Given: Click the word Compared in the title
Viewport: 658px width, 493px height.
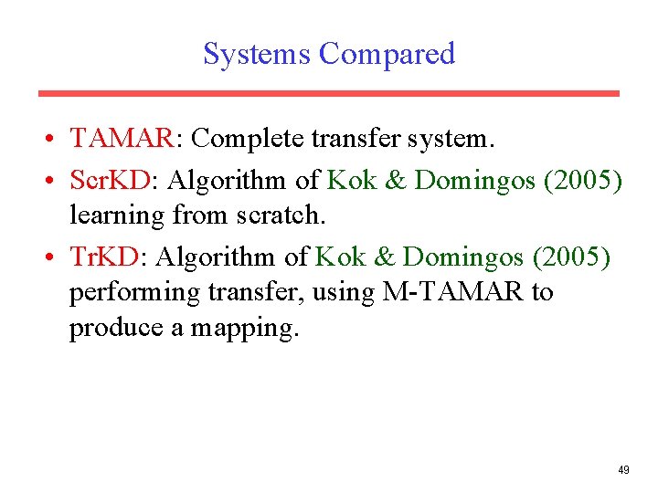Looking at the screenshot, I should [387, 54].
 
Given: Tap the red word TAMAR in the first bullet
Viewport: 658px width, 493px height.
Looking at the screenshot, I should [122, 139].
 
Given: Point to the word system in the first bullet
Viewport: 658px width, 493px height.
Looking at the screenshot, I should [446, 139].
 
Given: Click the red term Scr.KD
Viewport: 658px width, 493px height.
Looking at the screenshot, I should [111, 181].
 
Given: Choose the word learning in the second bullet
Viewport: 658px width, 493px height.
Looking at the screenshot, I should [114, 215].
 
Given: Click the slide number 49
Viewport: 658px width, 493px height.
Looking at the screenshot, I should [623, 470].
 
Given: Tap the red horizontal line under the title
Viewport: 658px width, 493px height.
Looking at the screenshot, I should [329, 93].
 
